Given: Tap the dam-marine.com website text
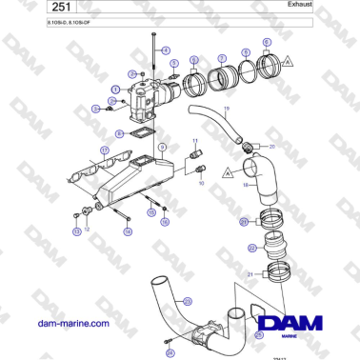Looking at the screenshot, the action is [72, 323].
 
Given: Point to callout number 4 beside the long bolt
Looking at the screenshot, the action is [166, 49].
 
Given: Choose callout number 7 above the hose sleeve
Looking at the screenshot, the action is [221, 58].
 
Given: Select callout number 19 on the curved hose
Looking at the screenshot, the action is [225, 111].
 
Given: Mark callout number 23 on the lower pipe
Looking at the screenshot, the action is [187, 301].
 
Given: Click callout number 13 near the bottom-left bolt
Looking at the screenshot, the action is [76, 231].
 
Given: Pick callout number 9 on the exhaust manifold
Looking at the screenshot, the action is [162, 146].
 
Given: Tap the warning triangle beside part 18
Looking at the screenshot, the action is [228, 174].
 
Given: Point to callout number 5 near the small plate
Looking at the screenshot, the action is [175, 63].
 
